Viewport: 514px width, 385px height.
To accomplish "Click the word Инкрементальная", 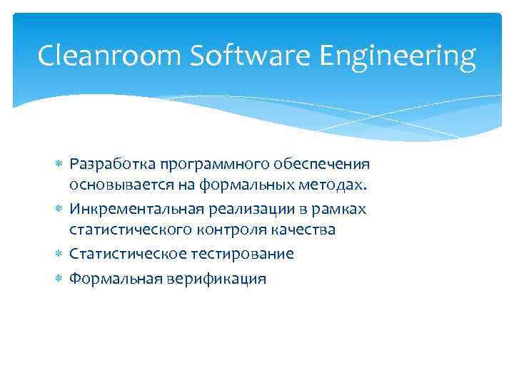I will pos(136,209).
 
